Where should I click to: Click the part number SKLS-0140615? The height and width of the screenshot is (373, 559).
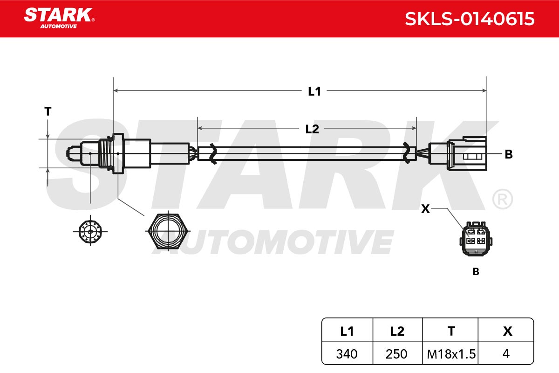tap(470, 19)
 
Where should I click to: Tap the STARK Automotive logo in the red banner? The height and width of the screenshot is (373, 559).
tap(59, 18)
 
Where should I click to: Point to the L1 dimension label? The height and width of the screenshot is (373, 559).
tap(314, 91)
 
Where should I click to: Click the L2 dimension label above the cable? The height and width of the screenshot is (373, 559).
tap(312, 129)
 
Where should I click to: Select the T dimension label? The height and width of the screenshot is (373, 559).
tap(48, 111)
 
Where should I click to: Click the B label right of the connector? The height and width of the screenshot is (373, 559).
tap(509, 154)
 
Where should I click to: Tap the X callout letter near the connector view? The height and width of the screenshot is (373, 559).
tap(425, 209)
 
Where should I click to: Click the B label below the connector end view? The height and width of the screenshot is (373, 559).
tap(476, 271)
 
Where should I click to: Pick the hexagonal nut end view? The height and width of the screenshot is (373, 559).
tap(168, 231)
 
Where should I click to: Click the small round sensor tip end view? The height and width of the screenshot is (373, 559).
tap(90, 232)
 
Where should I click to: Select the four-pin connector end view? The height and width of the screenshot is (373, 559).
tap(476, 239)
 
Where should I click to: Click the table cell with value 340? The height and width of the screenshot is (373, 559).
tap(347, 354)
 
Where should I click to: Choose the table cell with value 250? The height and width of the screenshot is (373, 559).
tap(396, 354)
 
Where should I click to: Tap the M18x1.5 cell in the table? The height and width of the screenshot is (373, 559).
tap(451, 354)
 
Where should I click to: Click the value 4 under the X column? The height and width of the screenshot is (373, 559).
tap(506, 353)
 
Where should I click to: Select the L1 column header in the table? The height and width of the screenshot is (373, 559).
tap(347, 332)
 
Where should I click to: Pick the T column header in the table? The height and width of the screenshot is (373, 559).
tap(451, 332)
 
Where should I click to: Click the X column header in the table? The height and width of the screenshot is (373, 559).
tap(507, 332)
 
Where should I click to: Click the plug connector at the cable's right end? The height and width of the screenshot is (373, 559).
tap(458, 154)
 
